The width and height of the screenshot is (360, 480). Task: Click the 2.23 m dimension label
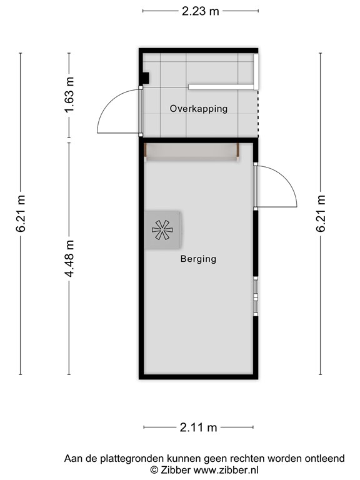[x=201, y=11]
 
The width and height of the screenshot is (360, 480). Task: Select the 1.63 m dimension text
[x=70, y=95]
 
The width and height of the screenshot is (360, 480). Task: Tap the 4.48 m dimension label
[x=70, y=259]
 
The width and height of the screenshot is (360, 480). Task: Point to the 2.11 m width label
[x=198, y=427]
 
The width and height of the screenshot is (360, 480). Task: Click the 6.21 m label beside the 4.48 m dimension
[x=21, y=214]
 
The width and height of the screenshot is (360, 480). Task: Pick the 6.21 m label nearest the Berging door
[x=321, y=214]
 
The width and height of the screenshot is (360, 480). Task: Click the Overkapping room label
[x=199, y=109]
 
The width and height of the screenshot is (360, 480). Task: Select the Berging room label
[x=198, y=259]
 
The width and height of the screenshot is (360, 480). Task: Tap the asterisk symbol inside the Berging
[x=162, y=230]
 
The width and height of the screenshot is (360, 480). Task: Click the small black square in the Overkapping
[x=144, y=78]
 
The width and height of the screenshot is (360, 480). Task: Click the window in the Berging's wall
[x=255, y=296]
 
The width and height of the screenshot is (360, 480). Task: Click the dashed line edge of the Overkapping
[x=257, y=115]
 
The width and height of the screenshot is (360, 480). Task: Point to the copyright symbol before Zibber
[x=154, y=469]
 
